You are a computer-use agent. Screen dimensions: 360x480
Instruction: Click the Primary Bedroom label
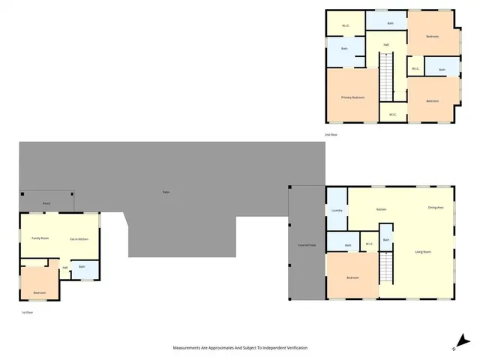point(352,97)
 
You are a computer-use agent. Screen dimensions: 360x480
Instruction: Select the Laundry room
point(337,210)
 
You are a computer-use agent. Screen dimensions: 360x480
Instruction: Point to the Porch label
point(46,203)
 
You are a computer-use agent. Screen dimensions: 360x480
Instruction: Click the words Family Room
point(40,238)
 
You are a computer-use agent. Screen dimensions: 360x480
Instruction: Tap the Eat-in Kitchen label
point(79,238)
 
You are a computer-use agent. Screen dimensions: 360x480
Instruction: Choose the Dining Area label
point(436,207)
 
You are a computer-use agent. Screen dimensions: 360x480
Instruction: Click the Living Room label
point(423,251)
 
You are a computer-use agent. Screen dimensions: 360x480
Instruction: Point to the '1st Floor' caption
point(28,311)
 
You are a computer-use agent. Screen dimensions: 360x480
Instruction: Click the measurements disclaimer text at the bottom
point(240,348)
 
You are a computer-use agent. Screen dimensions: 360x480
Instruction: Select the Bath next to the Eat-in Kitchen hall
point(82,267)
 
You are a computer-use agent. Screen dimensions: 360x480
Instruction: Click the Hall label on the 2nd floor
point(385,45)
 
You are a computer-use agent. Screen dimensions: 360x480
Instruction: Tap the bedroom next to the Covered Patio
point(352,277)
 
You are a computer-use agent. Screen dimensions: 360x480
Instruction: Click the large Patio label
point(166,193)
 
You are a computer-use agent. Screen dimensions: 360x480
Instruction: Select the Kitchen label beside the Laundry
point(381,208)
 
